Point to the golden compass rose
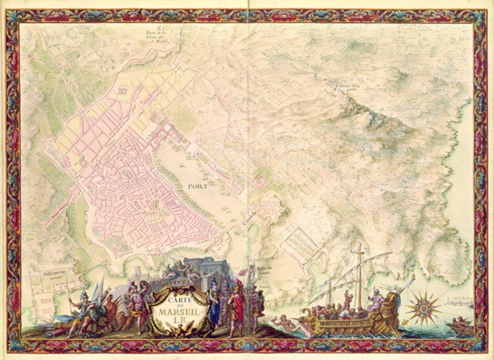423,308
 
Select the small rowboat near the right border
461,328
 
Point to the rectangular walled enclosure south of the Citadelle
301,246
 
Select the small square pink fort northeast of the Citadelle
260,182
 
